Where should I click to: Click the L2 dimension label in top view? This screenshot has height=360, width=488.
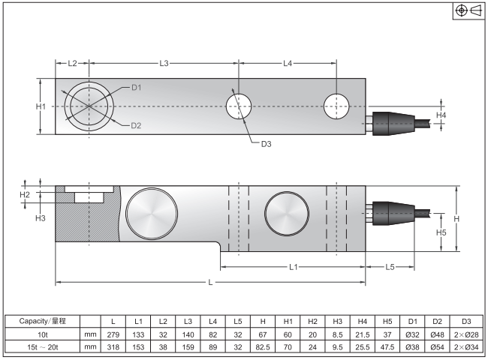[72, 63]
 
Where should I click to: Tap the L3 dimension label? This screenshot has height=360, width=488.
[164, 63]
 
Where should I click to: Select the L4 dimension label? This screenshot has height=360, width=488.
[288, 63]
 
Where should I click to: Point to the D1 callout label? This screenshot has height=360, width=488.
[136, 88]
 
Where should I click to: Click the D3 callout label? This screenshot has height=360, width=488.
[266, 143]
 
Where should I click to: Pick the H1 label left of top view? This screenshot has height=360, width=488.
[41, 106]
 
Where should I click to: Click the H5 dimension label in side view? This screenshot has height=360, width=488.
[441, 233]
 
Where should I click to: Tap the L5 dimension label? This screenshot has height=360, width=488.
[390, 266]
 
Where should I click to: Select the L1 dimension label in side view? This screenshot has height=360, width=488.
[293, 266]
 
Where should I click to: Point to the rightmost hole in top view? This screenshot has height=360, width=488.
[336, 106]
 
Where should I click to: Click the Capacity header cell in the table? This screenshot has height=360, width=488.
[42, 321]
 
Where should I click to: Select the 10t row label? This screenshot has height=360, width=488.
[42, 334]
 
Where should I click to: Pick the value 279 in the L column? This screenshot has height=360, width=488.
[113, 334]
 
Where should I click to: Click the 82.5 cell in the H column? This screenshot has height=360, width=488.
[262, 346]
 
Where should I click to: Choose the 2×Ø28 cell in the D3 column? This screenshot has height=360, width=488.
[465, 334]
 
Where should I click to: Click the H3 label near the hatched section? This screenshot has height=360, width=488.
[41, 217]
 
